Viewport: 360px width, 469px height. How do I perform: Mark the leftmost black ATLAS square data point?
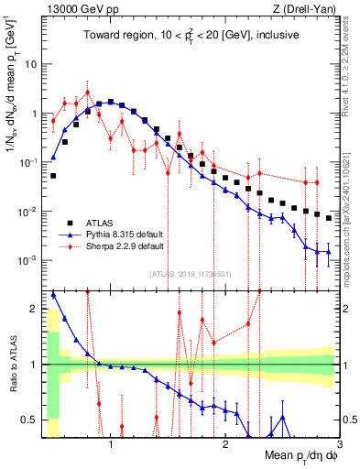(53, 175)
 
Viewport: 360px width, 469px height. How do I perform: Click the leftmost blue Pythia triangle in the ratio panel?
(53, 294)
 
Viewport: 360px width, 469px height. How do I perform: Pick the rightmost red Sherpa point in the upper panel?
(317, 182)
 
